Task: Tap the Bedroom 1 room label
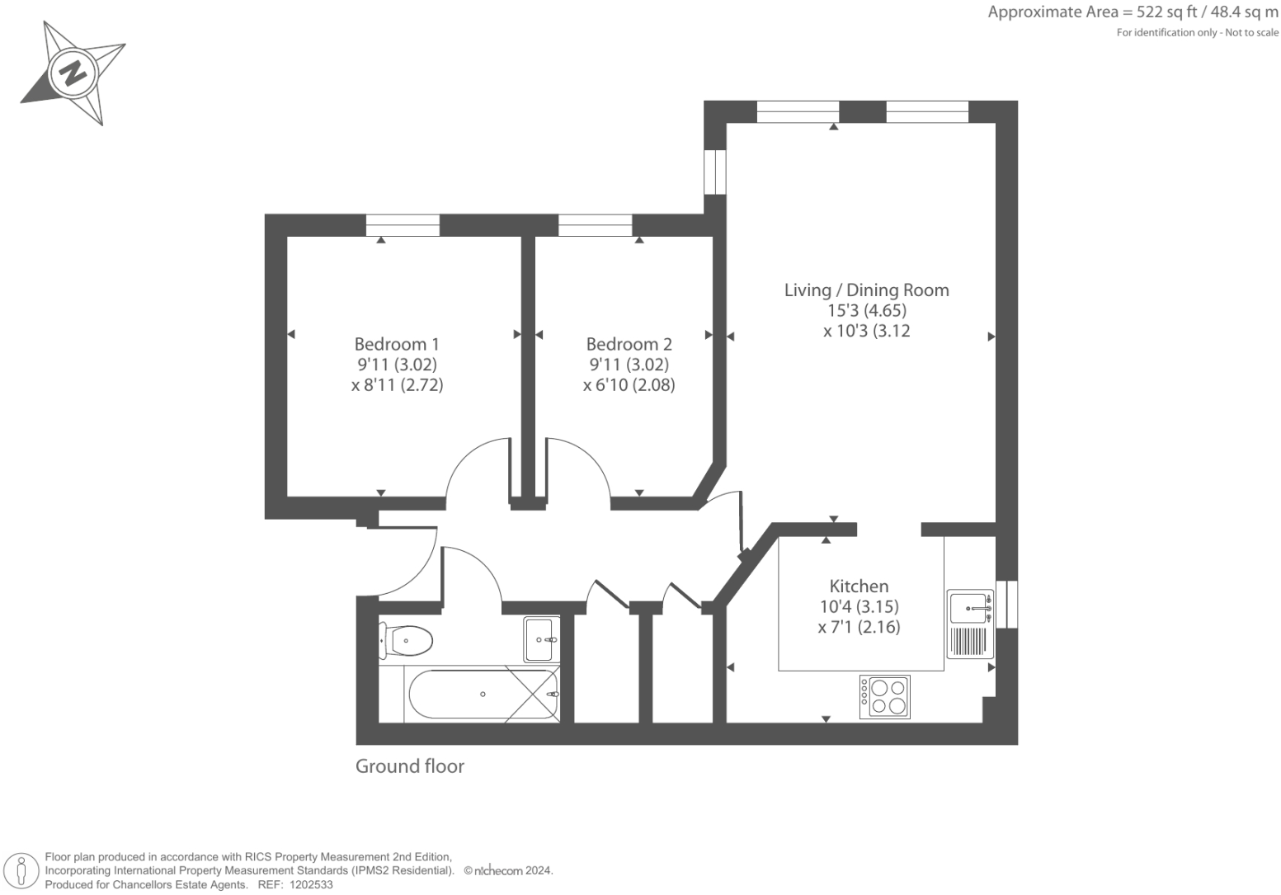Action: (x=397, y=344)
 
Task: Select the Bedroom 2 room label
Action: (x=629, y=344)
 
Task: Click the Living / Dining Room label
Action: (x=866, y=290)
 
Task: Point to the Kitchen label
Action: (x=859, y=586)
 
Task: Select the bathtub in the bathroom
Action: (x=483, y=695)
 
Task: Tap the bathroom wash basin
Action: (x=541, y=639)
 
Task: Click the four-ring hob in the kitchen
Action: (x=885, y=697)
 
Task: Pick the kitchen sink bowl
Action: (x=968, y=607)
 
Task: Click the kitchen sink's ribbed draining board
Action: (x=970, y=642)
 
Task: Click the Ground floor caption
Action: (x=410, y=766)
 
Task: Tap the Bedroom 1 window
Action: (x=403, y=224)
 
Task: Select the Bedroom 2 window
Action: (x=595, y=224)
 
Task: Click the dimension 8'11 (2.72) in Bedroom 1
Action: (x=398, y=385)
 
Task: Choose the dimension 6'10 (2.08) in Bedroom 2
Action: (x=629, y=385)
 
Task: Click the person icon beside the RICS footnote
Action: (x=22, y=870)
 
